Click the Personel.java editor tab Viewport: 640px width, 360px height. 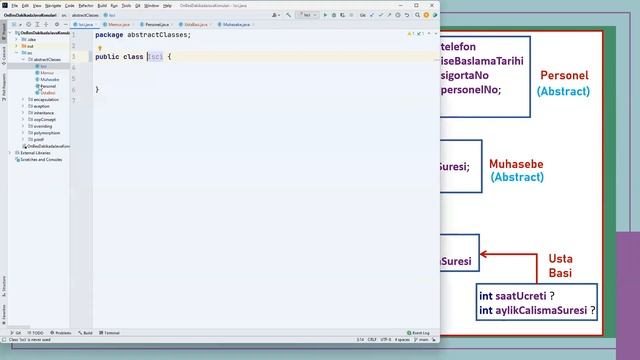[156, 23]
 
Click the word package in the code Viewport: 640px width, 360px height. [109, 35]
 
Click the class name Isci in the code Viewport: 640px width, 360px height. [156, 56]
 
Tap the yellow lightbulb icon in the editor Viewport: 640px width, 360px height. [101, 47]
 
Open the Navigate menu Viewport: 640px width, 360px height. [54, 5]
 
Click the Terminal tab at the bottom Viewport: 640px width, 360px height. [111, 332]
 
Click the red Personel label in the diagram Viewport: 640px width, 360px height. [564, 76]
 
